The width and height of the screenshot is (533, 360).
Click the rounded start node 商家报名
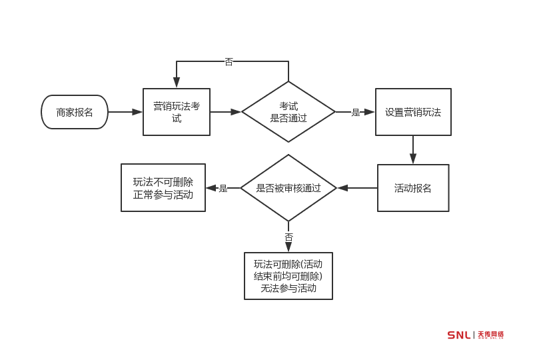(75, 112)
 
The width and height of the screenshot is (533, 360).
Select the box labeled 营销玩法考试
(177, 112)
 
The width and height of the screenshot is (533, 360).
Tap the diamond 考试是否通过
(288, 112)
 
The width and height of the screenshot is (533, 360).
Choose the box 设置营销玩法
(413, 112)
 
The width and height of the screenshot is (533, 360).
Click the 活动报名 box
(413, 188)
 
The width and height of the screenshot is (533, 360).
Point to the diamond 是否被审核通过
(288, 188)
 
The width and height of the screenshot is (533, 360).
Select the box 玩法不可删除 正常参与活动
(163, 188)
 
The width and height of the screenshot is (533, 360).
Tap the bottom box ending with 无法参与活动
(288, 276)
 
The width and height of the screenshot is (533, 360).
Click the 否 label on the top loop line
(229, 62)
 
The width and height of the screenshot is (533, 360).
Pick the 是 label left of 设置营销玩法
(356, 113)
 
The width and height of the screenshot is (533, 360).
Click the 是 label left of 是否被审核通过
(223, 189)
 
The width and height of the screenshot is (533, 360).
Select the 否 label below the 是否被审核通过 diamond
(288, 237)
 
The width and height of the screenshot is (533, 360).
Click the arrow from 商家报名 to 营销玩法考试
(125, 112)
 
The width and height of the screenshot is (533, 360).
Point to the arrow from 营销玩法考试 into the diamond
(226, 112)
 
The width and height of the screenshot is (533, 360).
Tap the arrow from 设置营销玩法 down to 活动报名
(413, 150)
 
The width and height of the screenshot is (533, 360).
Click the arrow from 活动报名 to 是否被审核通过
(357, 188)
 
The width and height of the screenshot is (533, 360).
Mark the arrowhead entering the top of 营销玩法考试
(177, 83)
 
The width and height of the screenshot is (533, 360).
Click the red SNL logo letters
(458, 335)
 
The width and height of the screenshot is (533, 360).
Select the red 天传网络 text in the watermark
(490, 335)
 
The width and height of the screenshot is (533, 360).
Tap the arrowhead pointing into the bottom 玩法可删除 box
(288, 247)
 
